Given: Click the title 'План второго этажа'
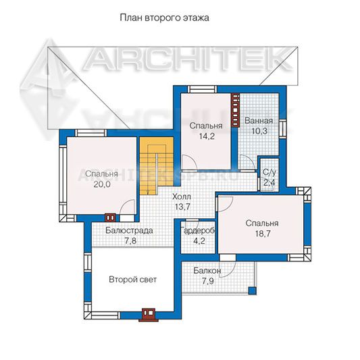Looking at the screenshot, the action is [164, 18].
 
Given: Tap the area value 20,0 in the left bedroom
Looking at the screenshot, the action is [102, 184].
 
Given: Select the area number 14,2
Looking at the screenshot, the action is [207, 136].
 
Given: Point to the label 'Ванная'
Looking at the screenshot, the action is [259, 121].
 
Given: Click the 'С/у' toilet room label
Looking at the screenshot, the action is [269, 172].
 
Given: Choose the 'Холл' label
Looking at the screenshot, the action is [182, 197].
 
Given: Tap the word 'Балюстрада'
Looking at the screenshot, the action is [129, 230].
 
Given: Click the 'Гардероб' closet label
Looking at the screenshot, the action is [199, 231].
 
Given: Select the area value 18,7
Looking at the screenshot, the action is [263, 234].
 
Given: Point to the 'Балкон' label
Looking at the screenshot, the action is [207, 271].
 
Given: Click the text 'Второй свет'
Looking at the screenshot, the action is [132, 280].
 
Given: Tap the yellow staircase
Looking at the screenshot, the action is [156, 165].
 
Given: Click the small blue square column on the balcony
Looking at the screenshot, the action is [253, 290].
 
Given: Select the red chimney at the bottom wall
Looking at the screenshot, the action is [149, 314].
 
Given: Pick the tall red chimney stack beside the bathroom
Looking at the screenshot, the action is [235, 110].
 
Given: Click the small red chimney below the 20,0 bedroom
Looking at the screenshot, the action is [111, 217].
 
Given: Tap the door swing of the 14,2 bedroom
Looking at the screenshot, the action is [188, 162].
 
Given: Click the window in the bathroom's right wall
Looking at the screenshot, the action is [282, 129].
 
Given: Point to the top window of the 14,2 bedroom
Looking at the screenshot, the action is [202, 89].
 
